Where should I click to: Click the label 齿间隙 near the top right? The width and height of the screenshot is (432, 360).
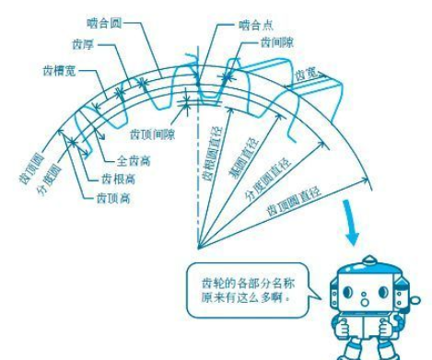(277, 43)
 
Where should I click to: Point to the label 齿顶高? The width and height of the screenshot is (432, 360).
(113, 197)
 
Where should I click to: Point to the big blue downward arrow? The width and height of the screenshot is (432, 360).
(351, 226)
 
